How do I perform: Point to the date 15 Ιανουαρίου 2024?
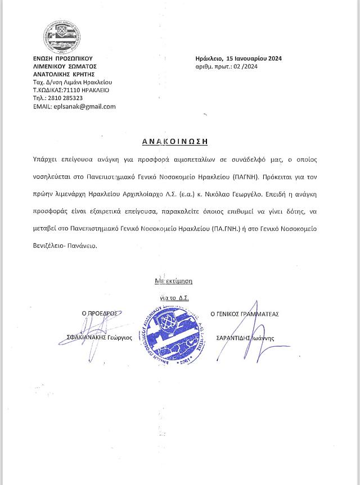click(253, 58)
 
